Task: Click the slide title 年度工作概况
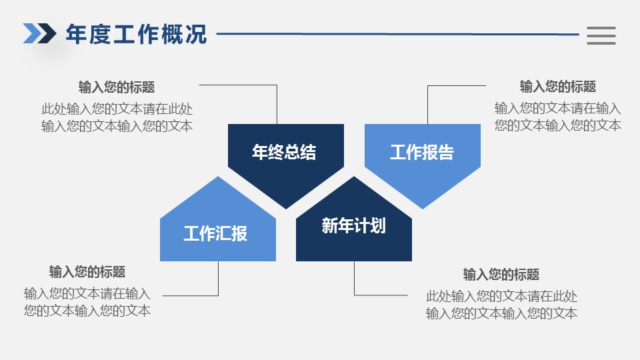click(136, 34)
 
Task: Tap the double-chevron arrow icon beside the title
click(39, 33)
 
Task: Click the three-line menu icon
click(601, 36)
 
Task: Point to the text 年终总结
click(284, 152)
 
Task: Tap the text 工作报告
click(422, 152)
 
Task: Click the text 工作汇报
click(215, 233)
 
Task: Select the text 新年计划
click(353, 225)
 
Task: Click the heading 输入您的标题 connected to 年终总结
click(117, 87)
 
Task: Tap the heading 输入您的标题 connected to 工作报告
click(558, 87)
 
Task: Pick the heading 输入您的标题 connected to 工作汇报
click(87, 272)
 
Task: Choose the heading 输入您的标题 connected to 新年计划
click(501, 275)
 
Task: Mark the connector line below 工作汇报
click(190, 295)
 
